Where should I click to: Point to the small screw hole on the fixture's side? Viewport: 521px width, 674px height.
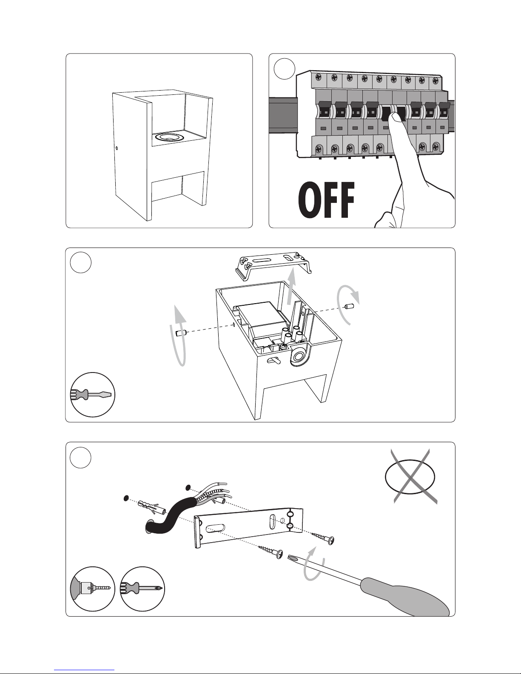coord(117,148)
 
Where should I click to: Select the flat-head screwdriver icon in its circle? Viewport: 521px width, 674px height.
coord(93,395)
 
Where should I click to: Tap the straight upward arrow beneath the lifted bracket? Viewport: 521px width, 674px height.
coord(292,290)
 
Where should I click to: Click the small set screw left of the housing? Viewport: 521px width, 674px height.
coord(180,333)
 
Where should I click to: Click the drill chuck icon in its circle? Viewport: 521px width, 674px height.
coord(92,589)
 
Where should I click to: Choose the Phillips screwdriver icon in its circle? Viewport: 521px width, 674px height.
coord(142,589)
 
